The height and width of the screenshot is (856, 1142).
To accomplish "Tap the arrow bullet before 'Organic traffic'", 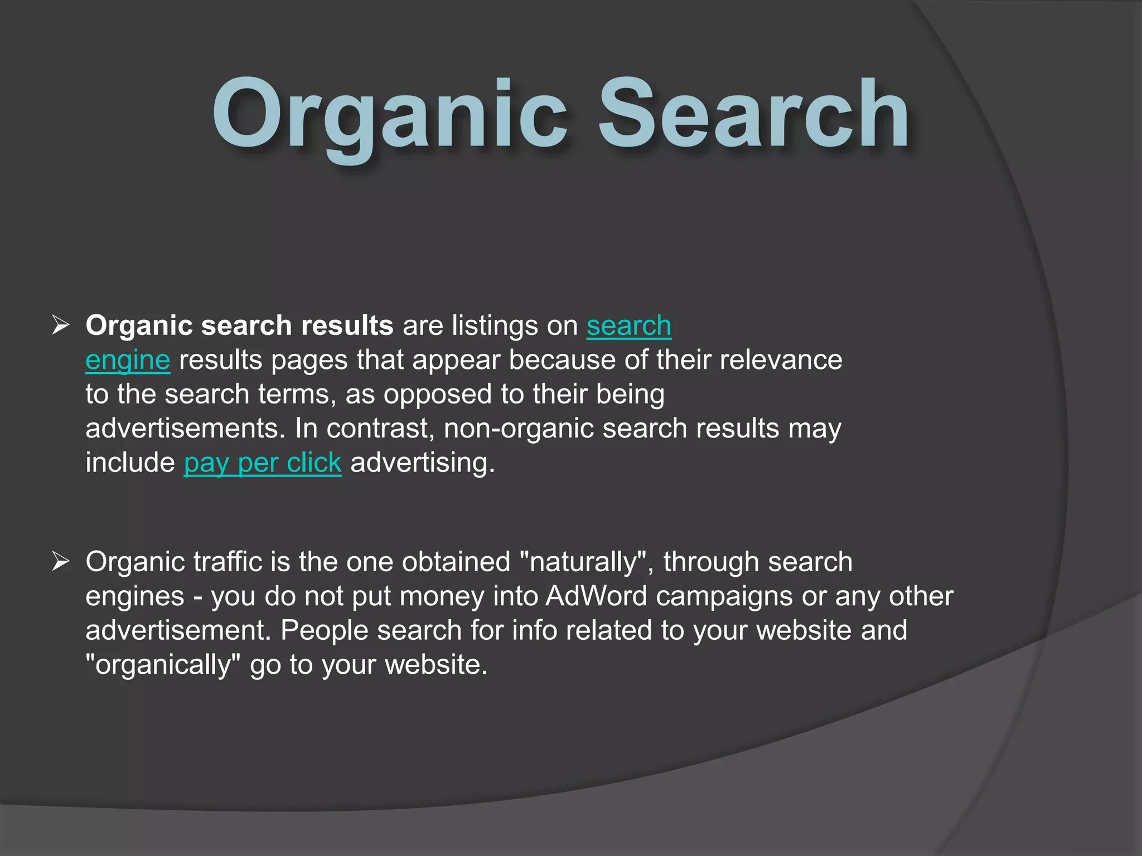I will [x=60, y=561].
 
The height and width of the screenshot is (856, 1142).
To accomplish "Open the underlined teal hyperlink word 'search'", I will [x=628, y=326].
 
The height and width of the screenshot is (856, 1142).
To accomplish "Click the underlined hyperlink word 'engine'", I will [x=128, y=361].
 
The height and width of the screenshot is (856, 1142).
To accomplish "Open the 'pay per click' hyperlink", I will [x=263, y=463].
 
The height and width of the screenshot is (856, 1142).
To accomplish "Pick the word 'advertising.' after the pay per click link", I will [x=422, y=463].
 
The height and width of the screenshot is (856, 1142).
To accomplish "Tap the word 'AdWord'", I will [x=596, y=596].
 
